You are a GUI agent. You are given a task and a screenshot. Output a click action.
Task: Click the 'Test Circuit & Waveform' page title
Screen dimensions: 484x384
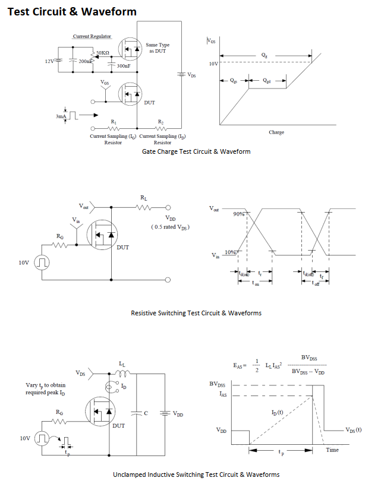pos(72,11)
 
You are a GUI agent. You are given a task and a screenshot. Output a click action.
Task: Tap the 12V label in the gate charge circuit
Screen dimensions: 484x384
pos(49,61)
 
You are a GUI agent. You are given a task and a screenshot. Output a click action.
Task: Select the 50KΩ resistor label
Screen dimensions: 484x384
pos(103,53)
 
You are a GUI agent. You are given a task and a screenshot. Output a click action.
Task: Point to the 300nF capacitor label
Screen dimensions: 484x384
pos(124,66)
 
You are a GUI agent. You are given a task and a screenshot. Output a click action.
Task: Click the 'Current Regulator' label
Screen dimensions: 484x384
pos(92,37)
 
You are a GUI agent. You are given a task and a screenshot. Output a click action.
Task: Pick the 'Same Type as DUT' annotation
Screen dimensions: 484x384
pos(158,48)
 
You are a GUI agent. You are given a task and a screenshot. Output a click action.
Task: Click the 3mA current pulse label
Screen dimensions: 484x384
pos(61,117)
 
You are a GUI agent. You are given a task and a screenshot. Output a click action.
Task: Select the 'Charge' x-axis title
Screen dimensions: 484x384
pos(276,132)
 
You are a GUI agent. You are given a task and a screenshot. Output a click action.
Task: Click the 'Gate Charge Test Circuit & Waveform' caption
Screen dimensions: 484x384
pos(196,151)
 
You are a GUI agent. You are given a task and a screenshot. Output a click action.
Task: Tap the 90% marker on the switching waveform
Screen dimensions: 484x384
pos(240,213)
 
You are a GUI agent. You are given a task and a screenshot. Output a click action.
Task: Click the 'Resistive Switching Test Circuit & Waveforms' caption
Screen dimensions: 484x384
pos(196,313)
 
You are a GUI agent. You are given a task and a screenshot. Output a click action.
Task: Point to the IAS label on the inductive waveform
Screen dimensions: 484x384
pos(223,394)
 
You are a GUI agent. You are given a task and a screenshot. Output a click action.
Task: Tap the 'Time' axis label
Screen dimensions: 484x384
pos(332,450)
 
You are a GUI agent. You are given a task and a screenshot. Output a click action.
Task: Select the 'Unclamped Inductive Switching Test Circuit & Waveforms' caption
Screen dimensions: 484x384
pos(196,474)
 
